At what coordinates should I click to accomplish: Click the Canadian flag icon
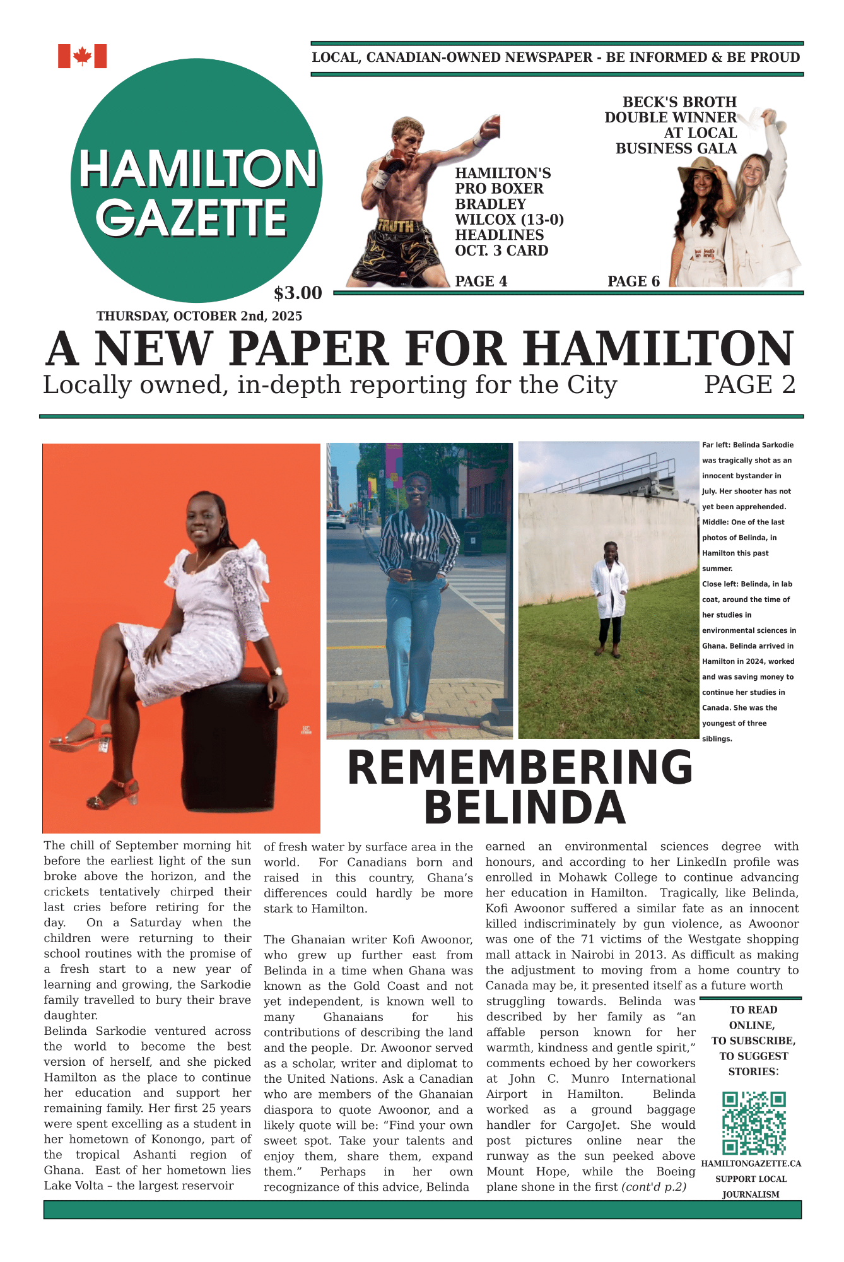pos(82,56)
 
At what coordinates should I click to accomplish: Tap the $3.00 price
pos(298,293)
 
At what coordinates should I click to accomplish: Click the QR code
pos(753,1123)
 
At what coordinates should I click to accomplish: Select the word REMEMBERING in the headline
pos(520,767)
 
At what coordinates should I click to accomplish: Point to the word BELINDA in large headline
pos(524,808)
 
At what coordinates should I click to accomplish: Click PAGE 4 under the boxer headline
pos(481,281)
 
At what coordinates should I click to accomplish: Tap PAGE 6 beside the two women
pos(633,281)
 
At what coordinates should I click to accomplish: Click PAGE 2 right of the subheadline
pos(749,385)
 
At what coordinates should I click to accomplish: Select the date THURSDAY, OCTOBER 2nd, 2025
pos(199,316)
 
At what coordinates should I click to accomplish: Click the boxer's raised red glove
pos(489,127)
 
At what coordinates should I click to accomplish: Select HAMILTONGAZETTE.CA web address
pos(751,1164)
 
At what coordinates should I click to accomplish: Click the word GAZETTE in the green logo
pos(192,218)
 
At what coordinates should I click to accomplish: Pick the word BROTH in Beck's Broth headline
pos(709,102)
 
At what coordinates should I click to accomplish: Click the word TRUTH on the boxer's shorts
pos(396,226)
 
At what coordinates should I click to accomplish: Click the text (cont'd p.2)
pos(654,1187)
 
